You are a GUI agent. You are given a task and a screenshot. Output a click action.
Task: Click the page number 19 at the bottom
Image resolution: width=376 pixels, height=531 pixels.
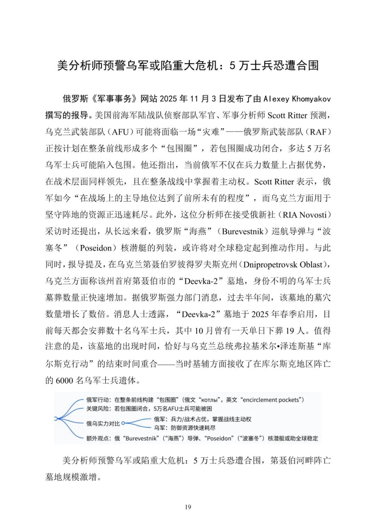coord(188,507)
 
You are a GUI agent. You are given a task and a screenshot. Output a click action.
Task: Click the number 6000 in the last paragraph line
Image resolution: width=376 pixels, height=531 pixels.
coord(64,380)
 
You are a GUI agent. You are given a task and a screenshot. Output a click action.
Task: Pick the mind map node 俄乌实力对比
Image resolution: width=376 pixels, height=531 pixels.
coord(103,423)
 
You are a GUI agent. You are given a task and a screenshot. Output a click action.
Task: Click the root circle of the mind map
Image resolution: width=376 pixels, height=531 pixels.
coord(56,419)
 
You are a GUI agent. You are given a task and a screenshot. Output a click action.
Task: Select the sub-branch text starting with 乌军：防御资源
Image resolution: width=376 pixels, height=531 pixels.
coord(185,428)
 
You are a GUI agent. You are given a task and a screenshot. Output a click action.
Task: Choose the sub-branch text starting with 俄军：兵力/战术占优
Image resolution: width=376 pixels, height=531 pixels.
coord(203,419)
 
